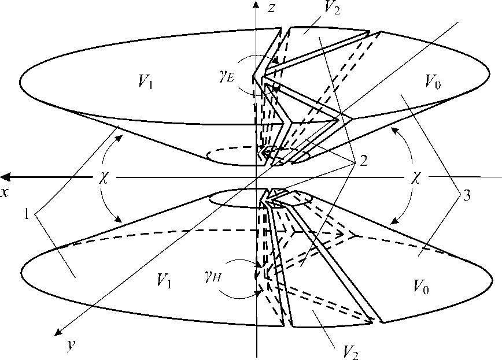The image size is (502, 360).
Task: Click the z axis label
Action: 270,8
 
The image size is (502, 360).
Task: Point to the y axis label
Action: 71,345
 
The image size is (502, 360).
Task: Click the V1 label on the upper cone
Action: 145,83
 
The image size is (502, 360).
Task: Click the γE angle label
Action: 227,77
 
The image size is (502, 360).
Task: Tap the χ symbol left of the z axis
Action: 105,177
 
